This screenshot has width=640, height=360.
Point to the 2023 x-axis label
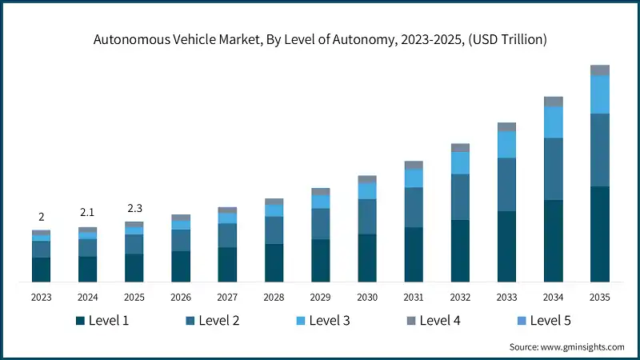click(x=42, y=297)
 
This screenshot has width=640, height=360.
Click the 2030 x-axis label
click(x=367, y=297)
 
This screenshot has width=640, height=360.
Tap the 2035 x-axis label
click(x=600, y=297)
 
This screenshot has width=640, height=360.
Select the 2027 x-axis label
click(x=227, y=297)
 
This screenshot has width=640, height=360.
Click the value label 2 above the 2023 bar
click(x=42, y=217)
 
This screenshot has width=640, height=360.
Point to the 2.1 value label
click(x=88, y=213)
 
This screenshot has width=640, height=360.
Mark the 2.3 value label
click(x=134, y=209)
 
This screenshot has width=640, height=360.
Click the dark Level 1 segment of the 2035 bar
click(x=600, y=234)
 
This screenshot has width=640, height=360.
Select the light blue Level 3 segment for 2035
click(x=600, y=94)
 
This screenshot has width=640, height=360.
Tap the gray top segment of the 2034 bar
click(x=554, y=102)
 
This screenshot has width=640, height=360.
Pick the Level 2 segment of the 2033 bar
click(x=506, y=184)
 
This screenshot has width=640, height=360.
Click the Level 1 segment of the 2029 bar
click(x=321, y=260)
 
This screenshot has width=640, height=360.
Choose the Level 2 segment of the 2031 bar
click(x=414, y=207)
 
